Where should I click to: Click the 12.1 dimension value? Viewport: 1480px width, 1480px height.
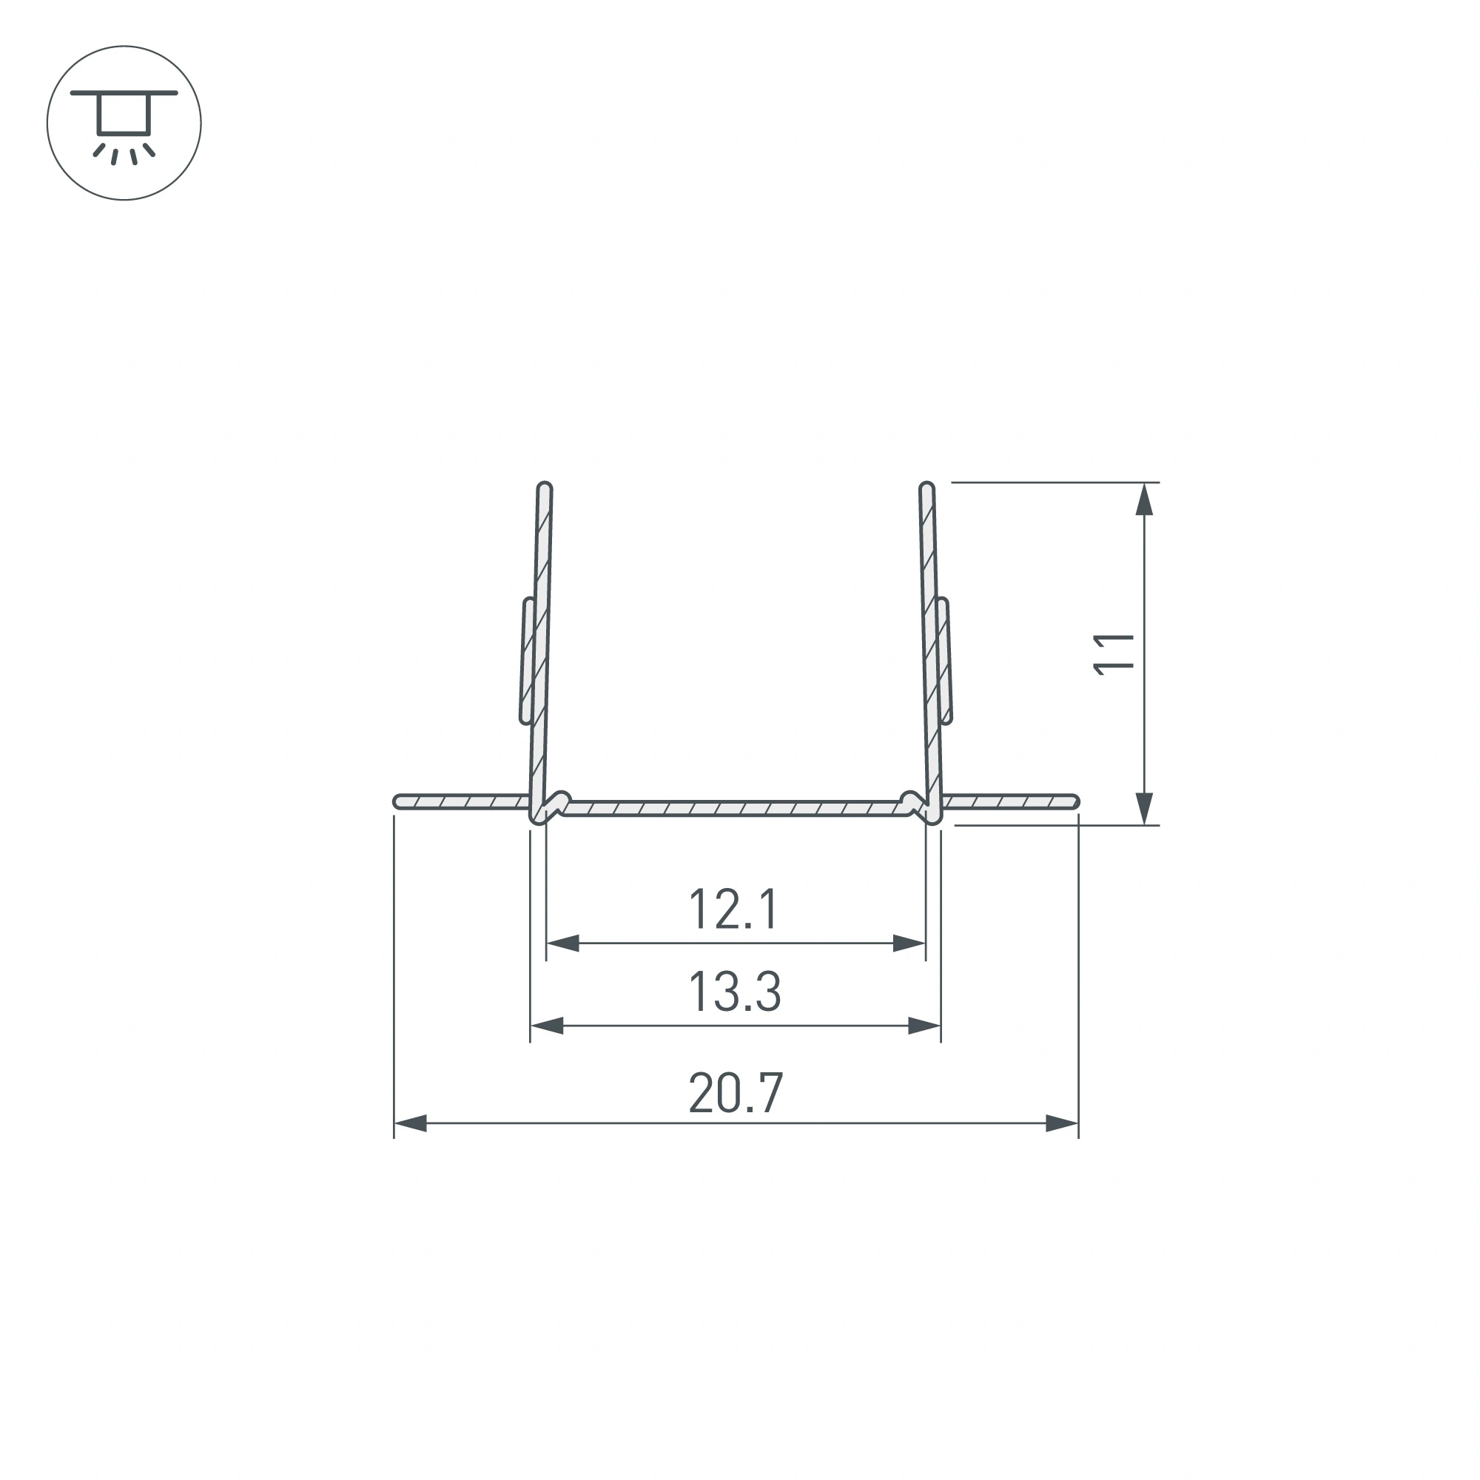click(x=734, y=909)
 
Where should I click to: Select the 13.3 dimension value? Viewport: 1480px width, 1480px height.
click(x=735, y=992)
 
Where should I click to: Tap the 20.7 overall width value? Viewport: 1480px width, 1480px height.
click(x=736, y=1093)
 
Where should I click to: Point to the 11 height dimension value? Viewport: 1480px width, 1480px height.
click(x=1113, y=654)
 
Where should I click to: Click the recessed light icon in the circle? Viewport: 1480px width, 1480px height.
click(x=124, y=123)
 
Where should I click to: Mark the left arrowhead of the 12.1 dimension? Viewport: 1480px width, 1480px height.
click(x=562, y=943)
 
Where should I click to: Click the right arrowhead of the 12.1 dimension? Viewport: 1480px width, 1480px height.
click(x=909, y=943)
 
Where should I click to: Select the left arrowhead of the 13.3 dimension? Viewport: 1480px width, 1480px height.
click(x=547, y=1026)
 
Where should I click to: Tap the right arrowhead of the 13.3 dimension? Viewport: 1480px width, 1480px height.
click(x=924, y=1026)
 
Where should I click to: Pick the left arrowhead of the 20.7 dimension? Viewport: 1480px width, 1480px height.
click(x=410, y=1124)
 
